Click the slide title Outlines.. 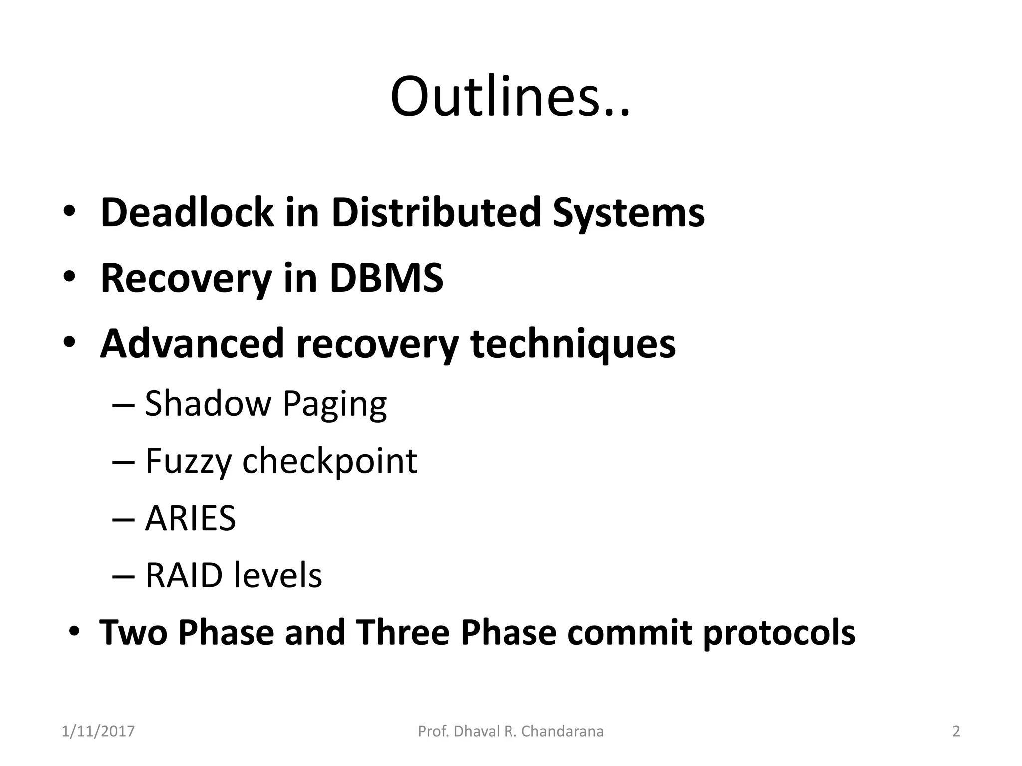(510, 97)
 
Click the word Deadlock (187, 213)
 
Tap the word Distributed (436, 213)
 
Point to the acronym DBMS (386, 278)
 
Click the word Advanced (192, 344)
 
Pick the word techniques (573, 345)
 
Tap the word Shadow (208, 403)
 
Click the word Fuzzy (188, 461)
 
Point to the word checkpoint (329, 462)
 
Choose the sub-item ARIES (190, 518)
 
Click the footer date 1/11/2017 (98, 732)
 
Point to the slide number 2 (956, 732)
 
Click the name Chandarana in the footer (562, 732)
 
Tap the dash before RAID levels (124, 576)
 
